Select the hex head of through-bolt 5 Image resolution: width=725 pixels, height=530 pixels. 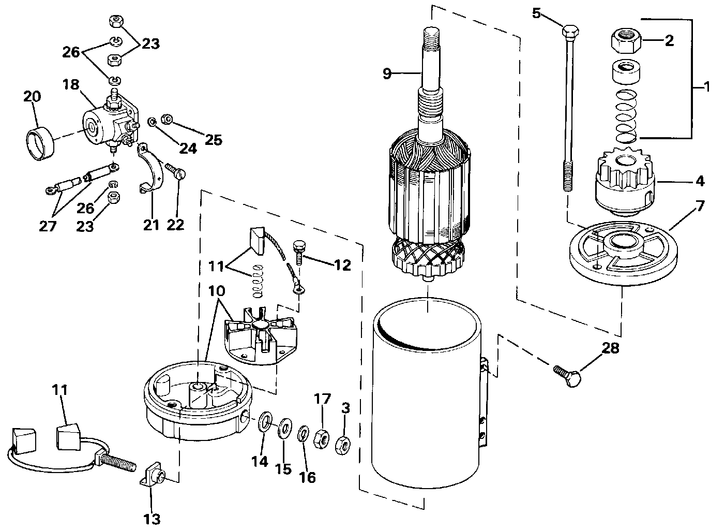coord(570,32)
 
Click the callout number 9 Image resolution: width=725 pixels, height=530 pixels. coord(387,73)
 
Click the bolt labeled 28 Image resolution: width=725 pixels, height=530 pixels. coord(567,375)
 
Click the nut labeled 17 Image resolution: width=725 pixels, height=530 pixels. coord(322,438)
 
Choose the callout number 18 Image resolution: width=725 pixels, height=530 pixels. coord(71,84)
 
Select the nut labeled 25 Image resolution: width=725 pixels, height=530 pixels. coord(167,119)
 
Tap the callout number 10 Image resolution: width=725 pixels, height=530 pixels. coord(217,291)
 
